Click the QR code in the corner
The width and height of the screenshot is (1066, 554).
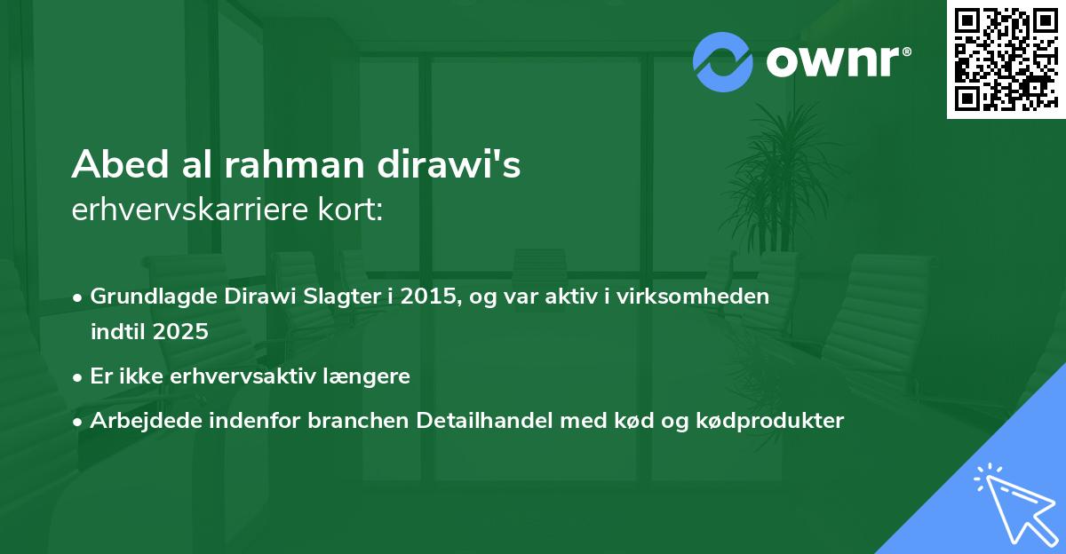pos(1006,59)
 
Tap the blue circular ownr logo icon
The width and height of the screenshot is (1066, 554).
pos(723,61)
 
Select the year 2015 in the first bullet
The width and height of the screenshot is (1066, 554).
pos(429,297)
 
